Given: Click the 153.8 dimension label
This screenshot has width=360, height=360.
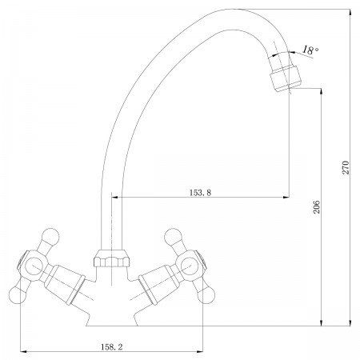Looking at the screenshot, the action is coord(200,192).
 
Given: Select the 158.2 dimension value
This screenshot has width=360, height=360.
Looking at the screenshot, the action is coord(112,347).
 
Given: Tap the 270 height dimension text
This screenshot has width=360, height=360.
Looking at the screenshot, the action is coord(346,167).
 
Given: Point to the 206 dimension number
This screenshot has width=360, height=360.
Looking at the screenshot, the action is coord(317,206).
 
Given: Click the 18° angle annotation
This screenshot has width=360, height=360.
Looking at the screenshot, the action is coord(310,50).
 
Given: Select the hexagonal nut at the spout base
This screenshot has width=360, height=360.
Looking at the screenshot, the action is coord(112,258).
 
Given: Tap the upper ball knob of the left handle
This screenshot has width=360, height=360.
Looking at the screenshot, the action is coord(50,237).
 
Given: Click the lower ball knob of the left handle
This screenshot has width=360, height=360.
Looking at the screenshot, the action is coord(18,295).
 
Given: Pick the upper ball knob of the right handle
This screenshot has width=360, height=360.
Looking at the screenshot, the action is coord(173,237).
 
